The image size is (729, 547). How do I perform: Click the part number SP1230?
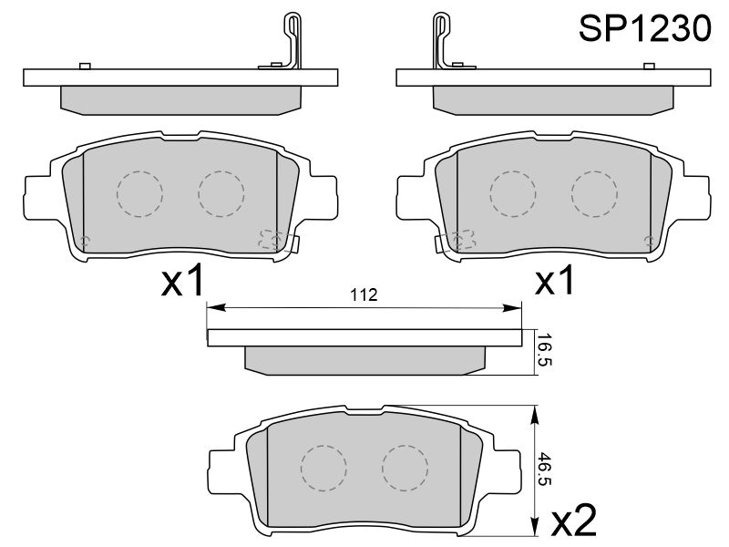tap(644, 28)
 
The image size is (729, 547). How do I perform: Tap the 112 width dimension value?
tap(364, 294)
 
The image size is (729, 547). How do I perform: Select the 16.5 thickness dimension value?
tap(544, 349)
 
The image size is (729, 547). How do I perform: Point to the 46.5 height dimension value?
tap(544, 469)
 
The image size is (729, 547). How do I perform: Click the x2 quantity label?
tap(574, 520)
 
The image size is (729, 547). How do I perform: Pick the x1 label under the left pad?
tap(182, 280)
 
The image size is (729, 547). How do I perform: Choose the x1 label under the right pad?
tap(555, 280)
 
